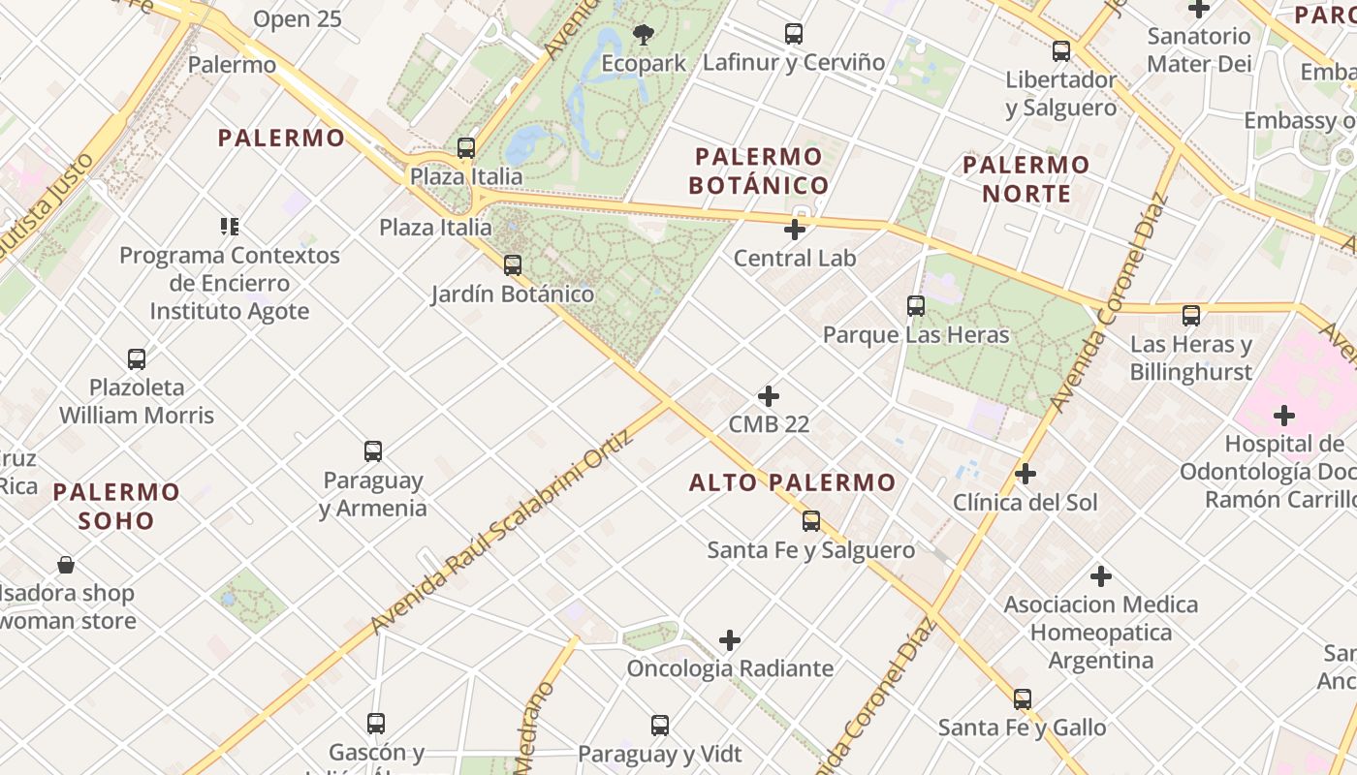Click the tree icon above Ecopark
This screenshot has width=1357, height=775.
click(643, 36)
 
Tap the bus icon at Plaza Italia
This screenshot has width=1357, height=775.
click(466, 148)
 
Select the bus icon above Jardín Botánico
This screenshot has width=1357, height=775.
click(513, 264)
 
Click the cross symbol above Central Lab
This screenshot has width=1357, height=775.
click(795, 230)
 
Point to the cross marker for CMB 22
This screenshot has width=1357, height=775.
click(769, 396)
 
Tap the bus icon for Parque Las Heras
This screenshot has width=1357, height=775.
click(916, 306)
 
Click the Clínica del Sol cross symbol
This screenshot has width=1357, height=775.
click(1026, 474)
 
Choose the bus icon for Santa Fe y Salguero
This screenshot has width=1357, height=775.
click(811, 521)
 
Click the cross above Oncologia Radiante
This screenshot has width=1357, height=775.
click(730, 640)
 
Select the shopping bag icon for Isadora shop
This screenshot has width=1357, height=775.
click(66, 565)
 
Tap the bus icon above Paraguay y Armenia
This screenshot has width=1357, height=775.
click(373, 451)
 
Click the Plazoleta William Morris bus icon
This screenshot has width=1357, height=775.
click(137, 359)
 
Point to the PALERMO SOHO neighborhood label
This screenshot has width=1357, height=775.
click(116, 506)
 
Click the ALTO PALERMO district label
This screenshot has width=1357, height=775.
click(792, 482)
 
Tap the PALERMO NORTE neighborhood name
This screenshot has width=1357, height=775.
click(1026, 179)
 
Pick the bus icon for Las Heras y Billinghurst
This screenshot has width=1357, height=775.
click(1191, 316)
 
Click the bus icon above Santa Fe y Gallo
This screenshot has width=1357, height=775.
click(1023, 699)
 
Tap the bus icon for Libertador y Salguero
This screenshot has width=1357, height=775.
click(1061, 51)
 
